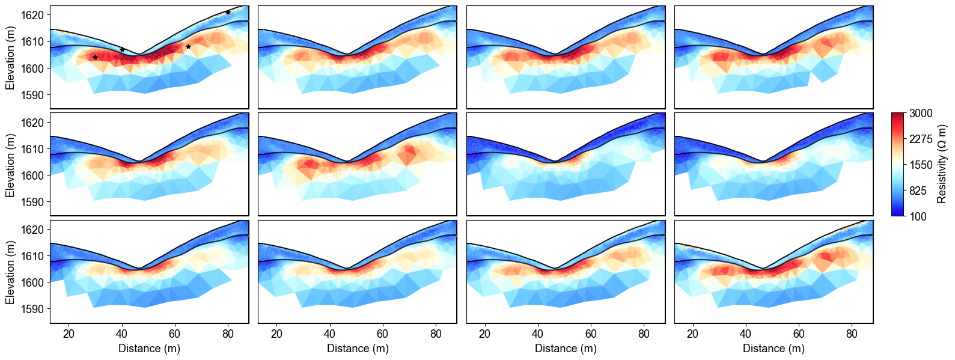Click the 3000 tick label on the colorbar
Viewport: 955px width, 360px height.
pyautogui.click(x=921, y=114)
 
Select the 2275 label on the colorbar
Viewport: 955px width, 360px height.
pyautogui.click(x=921, y=139)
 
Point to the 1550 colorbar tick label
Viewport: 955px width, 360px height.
pyautogui.click(x=921, y=165)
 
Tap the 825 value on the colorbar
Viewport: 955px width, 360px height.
pyautogui.click(x=918, y=191)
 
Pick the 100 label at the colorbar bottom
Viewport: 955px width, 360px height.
pyautogui.click(x=918, y=216)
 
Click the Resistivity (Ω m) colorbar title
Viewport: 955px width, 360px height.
pyautogui.click(x=942, y=164)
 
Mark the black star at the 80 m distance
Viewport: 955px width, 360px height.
pyautogui.click(x=228, y=12)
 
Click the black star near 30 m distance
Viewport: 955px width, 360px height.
pyautogui.click(x=95, y=57)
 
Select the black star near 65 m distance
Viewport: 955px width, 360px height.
pyautogui.click(x=188, y=46)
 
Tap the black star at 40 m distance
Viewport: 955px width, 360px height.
pyautogui.click(x=122, y=49)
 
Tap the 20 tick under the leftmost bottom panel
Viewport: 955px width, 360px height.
pyautogui.click(x=69, y=334)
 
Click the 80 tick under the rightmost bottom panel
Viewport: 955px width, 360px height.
pyautogui.click(x=852, y=334)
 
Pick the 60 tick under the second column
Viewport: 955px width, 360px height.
pyautogui.click(x=383, y=334)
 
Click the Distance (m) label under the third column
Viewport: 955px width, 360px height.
pyautogui.click(x=566, y=349)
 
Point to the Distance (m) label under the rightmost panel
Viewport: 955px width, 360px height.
pyautogui.click(x=773, y=349)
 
